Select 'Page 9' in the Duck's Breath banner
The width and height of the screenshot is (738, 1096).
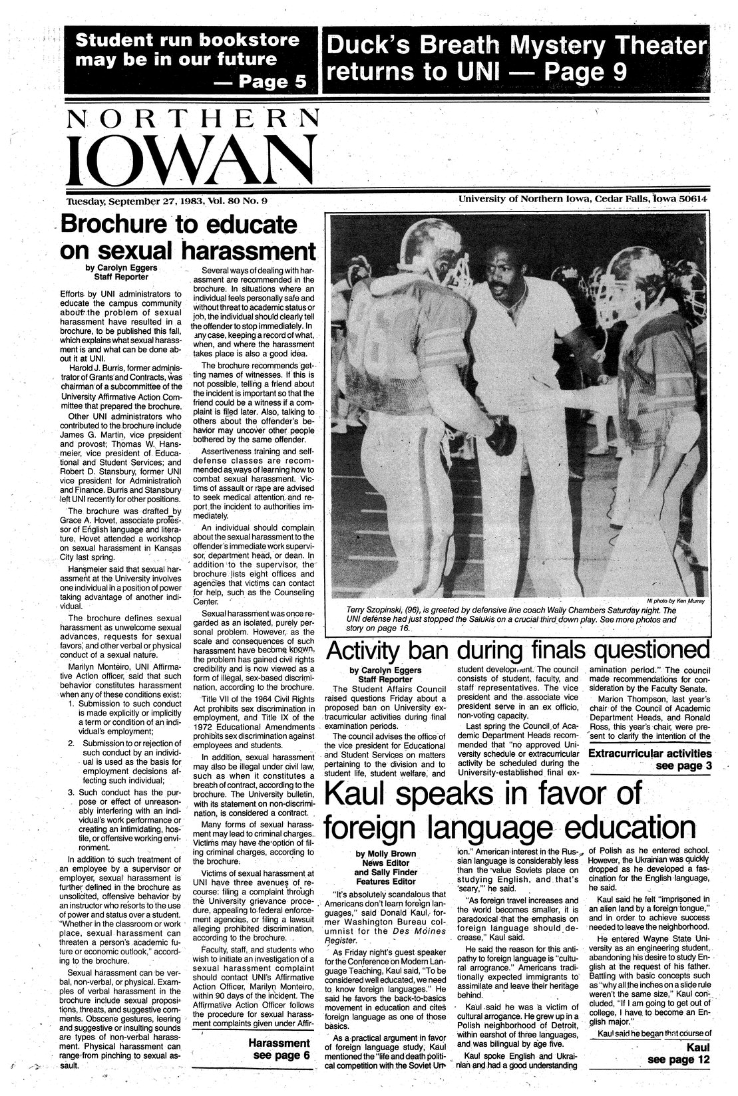pyautogui.click(x=585, y=70)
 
